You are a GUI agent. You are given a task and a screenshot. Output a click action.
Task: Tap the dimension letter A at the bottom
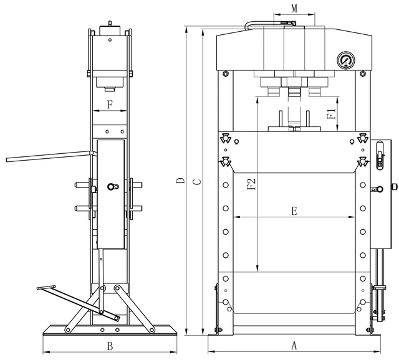pyautogui.click(x=294, y=344)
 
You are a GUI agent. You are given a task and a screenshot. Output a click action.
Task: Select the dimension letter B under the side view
pyautogui.click(x=108, y=345)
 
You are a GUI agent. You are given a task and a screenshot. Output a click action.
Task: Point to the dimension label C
pyautogui.click(x=196, y=182)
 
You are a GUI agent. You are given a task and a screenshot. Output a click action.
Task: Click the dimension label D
pyautogui.click(x=180, y=182)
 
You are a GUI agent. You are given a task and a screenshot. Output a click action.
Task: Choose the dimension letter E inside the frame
pyautogui.click(x=294, y=211)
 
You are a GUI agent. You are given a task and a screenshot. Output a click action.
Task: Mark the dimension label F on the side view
pyautogui.click(x=110, y=104)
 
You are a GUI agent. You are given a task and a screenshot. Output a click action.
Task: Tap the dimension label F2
pyautogui.click(x=251, y=185)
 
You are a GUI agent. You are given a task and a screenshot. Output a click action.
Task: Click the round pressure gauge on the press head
pyautogui.click(x=345, y=61)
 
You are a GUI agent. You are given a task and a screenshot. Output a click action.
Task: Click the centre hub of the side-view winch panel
pyautogui.click(x=111, y=187)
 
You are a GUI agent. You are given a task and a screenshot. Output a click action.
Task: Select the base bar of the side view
pyautogui.click(x=109, y=329)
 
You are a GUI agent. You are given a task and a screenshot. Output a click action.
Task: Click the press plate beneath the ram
pyautogui.click(x=294, y=130)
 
